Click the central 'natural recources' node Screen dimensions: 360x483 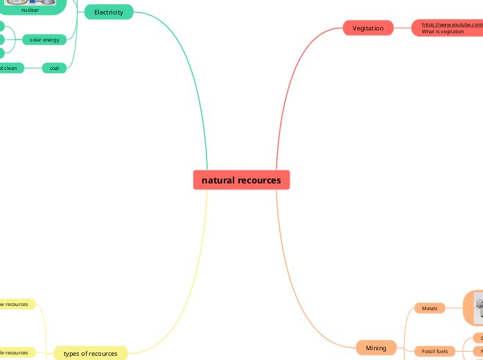pyautogui.click(x=241, y=180)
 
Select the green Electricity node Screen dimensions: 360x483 pyautogui.click(x=108, y=12)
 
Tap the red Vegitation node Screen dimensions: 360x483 pyautogui.click(x=368, y=28)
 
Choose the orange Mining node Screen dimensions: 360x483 pyautogui.click(x=376, y=348)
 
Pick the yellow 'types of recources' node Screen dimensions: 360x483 pyautogui.click(x=91, y=353)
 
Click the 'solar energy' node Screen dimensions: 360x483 pyautogui.click(x=44, y=40)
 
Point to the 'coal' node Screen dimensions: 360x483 pyautogui.click(x=54, y=68)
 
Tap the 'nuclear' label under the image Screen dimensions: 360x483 pyautogui.click(x=30, y=10)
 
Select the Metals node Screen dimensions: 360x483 pyautogui.click(x=430, y=308)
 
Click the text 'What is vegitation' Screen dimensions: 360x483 pyautogui.click(x=443, y=31)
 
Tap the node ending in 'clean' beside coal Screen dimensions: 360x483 pyautogui.click(x=10, y=68)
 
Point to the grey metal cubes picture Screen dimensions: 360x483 pyautogui.click(x=478, y=307)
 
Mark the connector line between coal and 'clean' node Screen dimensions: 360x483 pyautogui.click(x=33, y=68)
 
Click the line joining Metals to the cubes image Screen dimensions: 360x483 pyautogui.click(x=454, y=308)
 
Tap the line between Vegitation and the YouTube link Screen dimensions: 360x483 pyautogui.click(x=403, y=28)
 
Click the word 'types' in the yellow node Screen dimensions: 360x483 pyautogui.click(x=72, y=353)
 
